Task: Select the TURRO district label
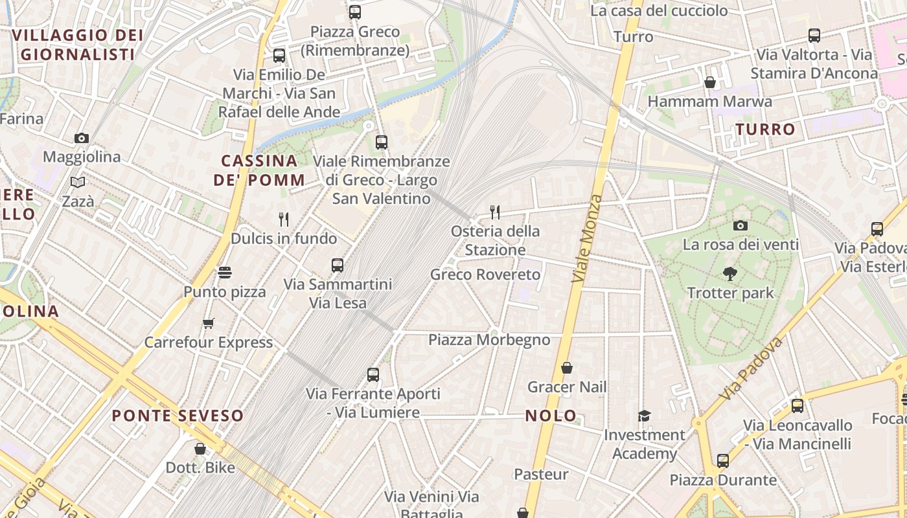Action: click(765, 129)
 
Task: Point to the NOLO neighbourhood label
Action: click(551, 416)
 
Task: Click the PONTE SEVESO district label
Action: click(178, 416)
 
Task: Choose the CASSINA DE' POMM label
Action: click(259, 170)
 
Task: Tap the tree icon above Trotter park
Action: click(730, 274)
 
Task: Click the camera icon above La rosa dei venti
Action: click(741, 225)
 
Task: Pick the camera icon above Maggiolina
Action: click(82, 138)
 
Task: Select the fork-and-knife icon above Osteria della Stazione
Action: click(495, 212)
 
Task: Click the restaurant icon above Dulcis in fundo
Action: click(283, 219)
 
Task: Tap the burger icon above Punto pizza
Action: click(225, 273)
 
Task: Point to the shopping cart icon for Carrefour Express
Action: click(209, 323)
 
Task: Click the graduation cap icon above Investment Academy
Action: click(644, 416)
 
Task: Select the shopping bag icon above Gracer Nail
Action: click(567, 368)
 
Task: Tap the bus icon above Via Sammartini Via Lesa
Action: click(338, 265)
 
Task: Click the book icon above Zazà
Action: click(78, 183)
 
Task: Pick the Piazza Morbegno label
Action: click(489, 340)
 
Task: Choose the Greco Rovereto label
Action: click(485, 275)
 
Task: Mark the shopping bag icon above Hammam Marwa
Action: click(710, 82)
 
